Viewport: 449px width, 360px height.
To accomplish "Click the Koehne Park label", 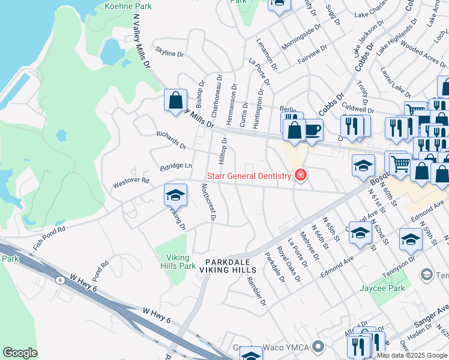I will [128, 6].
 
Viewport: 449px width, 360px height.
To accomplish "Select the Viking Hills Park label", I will [178, 262].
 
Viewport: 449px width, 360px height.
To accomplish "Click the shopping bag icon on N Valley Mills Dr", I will [175, 100].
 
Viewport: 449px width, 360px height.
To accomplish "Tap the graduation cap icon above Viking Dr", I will [175, 194].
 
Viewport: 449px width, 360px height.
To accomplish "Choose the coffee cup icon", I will [313, 129].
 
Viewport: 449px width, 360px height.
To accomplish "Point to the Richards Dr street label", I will [171, 141].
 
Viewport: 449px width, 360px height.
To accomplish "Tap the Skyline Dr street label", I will [169, 53].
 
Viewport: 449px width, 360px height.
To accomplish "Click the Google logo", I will [20, 353].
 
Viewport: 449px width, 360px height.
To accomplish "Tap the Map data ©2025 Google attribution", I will [412, 355].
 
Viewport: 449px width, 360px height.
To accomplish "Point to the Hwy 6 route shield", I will [60, 280].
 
